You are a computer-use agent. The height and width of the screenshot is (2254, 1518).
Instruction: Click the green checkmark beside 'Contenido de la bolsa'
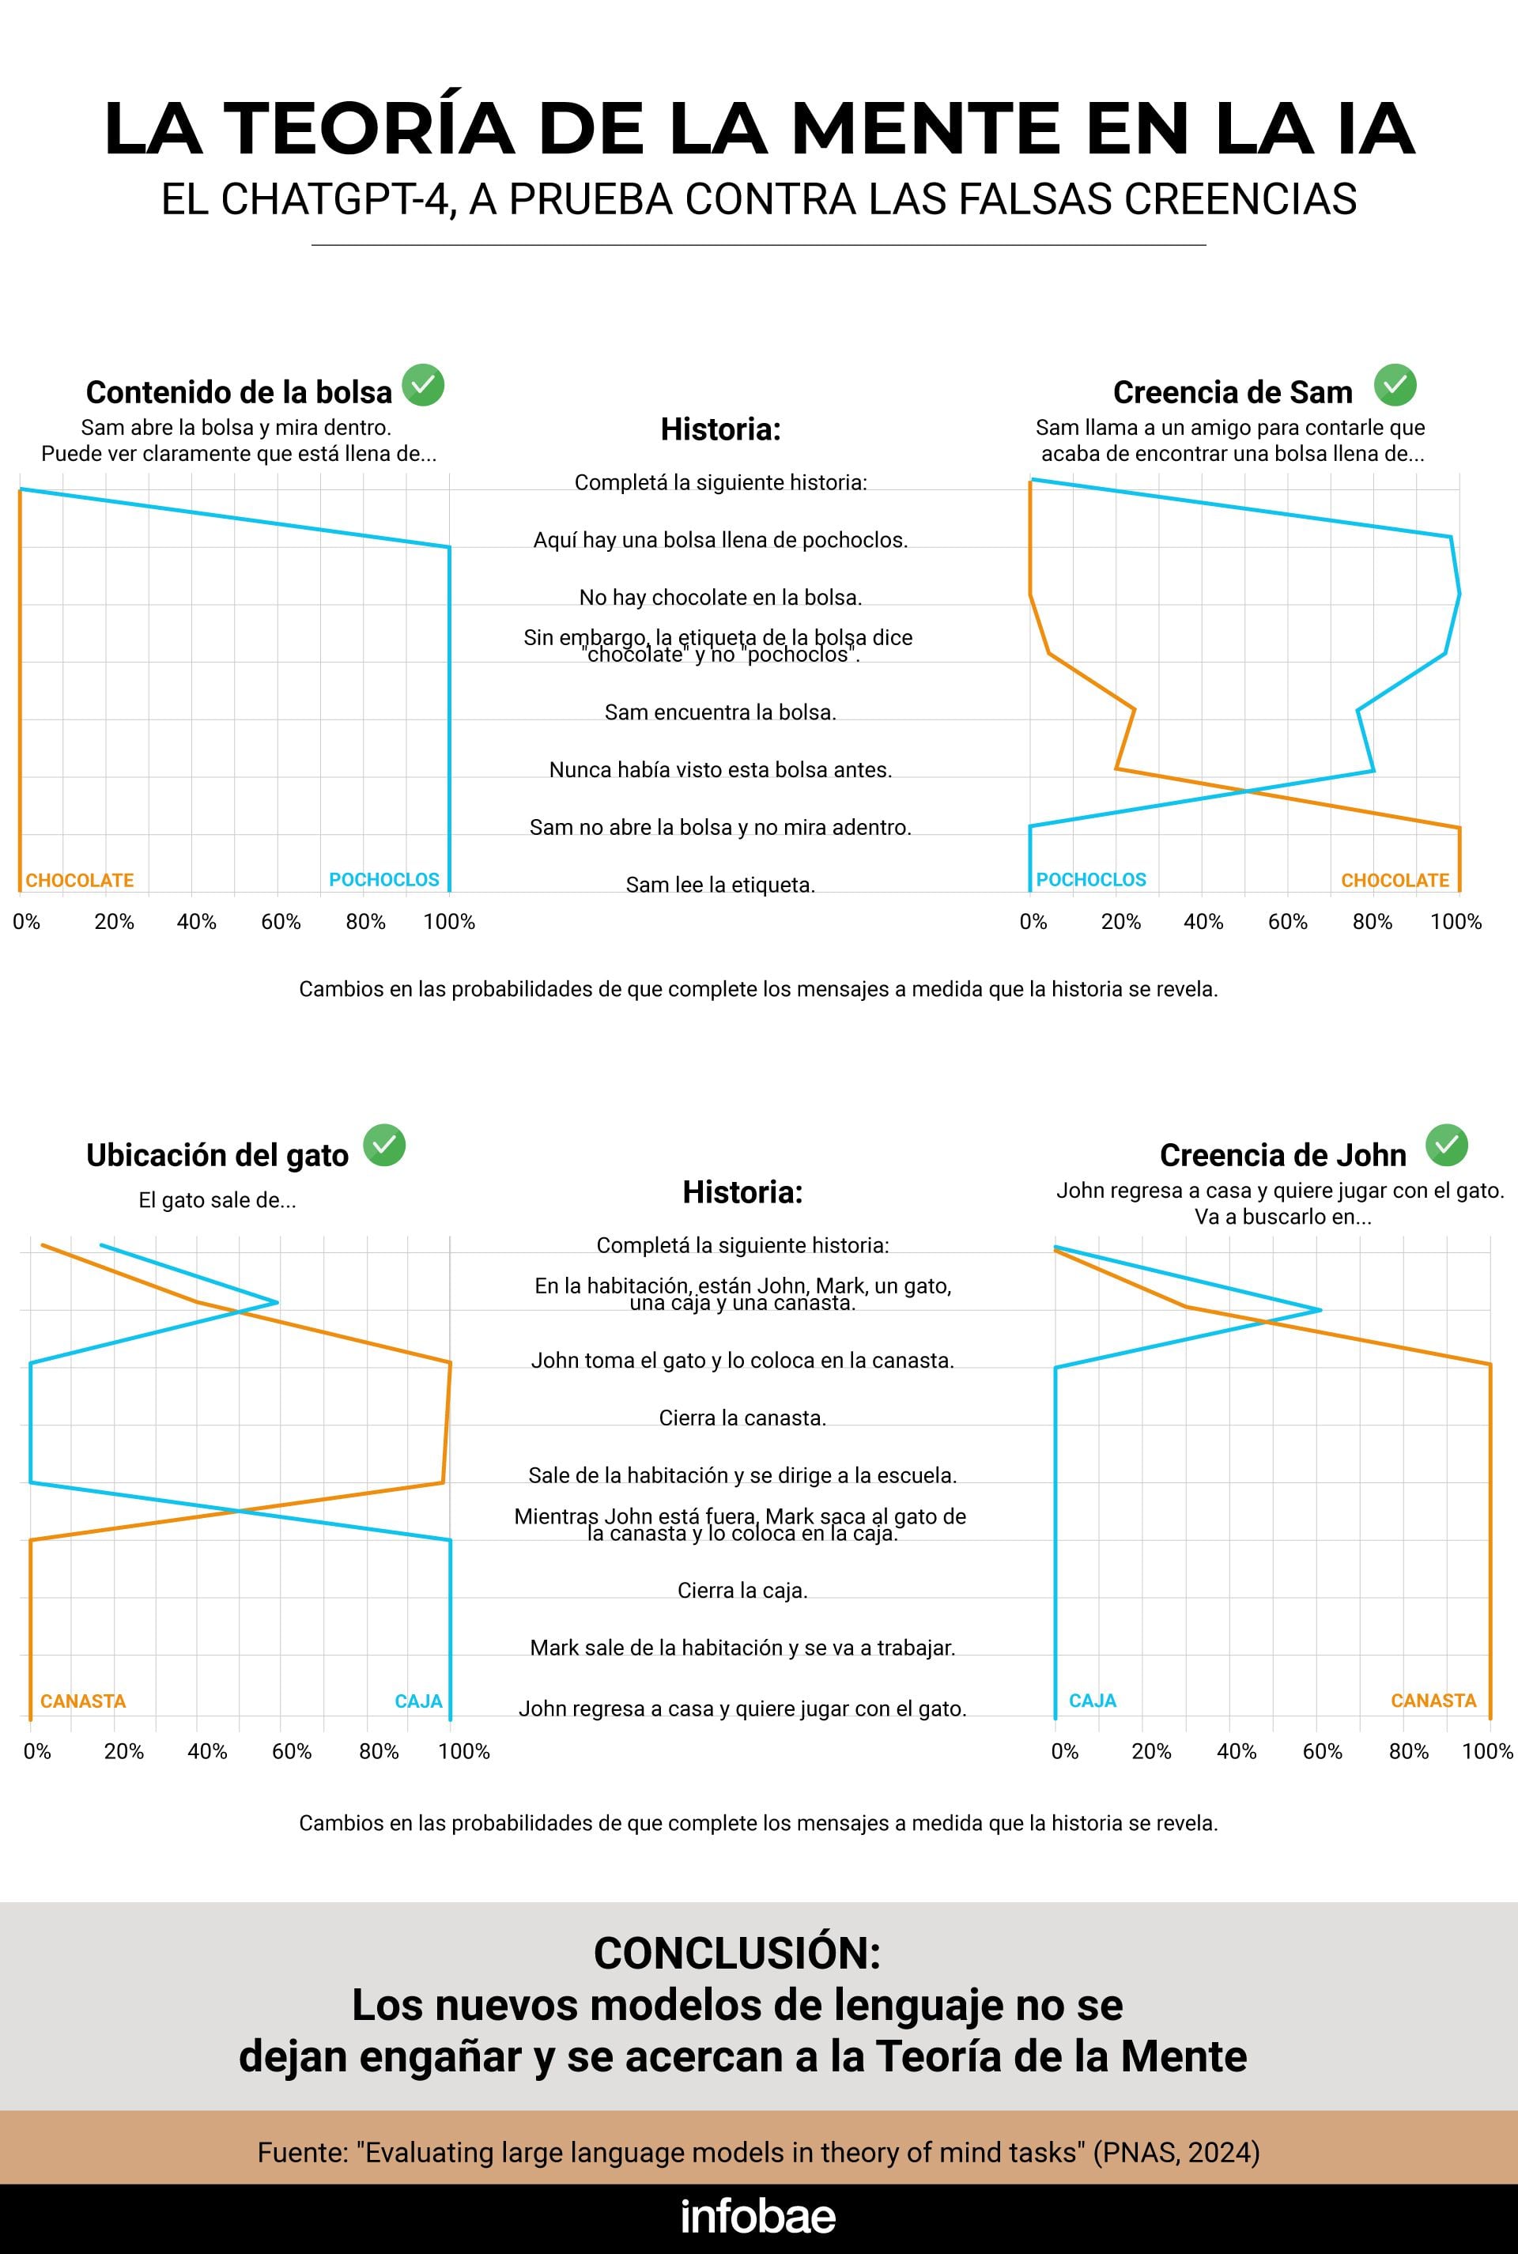[423, 385]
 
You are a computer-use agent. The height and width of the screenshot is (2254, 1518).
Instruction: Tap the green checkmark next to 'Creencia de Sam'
[1395, 385]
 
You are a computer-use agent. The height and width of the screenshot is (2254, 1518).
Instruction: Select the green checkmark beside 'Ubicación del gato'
[384, 1146]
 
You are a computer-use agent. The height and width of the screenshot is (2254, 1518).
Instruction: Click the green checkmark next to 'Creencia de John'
[1446, 1145]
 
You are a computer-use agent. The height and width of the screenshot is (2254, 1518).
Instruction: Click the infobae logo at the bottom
[758, 2216]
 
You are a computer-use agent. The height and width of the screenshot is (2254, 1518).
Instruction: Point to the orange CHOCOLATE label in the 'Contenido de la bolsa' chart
[79, 881]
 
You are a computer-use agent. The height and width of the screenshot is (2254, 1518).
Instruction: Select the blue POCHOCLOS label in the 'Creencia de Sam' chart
[1091, 880]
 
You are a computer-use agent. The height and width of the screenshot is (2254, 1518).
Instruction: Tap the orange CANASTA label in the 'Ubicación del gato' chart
[83, 1701]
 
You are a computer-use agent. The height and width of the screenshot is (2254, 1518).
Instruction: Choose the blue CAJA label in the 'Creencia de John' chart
[1093, 1701]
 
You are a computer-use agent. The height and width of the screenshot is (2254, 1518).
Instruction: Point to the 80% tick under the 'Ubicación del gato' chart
[379, 1752]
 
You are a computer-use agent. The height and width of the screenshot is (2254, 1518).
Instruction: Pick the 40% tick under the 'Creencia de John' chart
[1237, 1752]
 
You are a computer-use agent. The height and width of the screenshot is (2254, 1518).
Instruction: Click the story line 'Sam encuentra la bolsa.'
[720, 712]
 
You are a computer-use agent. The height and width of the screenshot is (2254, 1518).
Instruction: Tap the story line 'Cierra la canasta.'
[742, 1418]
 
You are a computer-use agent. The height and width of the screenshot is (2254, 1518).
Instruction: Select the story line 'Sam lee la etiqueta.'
[720, 885]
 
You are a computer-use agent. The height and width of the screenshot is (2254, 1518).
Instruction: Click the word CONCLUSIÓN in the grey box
[737, 1953]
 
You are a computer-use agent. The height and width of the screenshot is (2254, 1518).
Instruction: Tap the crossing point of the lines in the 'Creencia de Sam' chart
[1246, 791]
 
